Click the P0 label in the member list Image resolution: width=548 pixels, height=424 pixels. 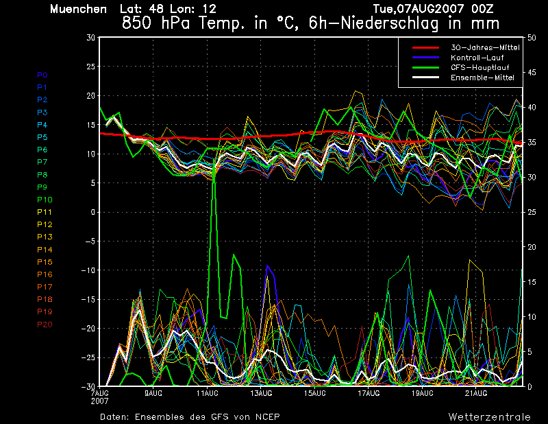(x=42, y=75)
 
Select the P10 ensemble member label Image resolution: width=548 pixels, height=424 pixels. (x=45, y=200)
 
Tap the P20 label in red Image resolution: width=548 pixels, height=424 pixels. (x=45, y=325)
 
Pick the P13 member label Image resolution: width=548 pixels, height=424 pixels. (x=45, y=237)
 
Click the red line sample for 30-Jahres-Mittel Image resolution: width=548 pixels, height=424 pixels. (x=425, y=47)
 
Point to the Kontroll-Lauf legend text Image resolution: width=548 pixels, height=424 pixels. (x=477, y=58)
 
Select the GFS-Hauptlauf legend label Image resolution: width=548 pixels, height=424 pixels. (x=480, y=67)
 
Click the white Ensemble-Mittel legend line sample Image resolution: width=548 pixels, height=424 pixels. (x=425, y=78)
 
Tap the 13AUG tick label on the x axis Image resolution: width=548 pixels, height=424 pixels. (x=261, y=393)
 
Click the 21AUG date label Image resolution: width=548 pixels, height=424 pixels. (x=476, y=393)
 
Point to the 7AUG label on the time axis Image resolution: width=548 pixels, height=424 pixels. (x=99, y=393)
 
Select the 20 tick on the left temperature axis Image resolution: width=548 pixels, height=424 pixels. (x=91, y=95)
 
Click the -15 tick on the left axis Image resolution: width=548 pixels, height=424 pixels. (x=88, y=299)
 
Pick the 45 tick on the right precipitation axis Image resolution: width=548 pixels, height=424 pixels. (x=532, y=73)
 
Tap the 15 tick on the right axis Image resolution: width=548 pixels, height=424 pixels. (x=532, y=282)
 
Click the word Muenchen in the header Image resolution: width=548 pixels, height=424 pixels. (x=78, y=9)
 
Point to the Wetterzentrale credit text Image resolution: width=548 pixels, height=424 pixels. (x=490, y=417)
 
